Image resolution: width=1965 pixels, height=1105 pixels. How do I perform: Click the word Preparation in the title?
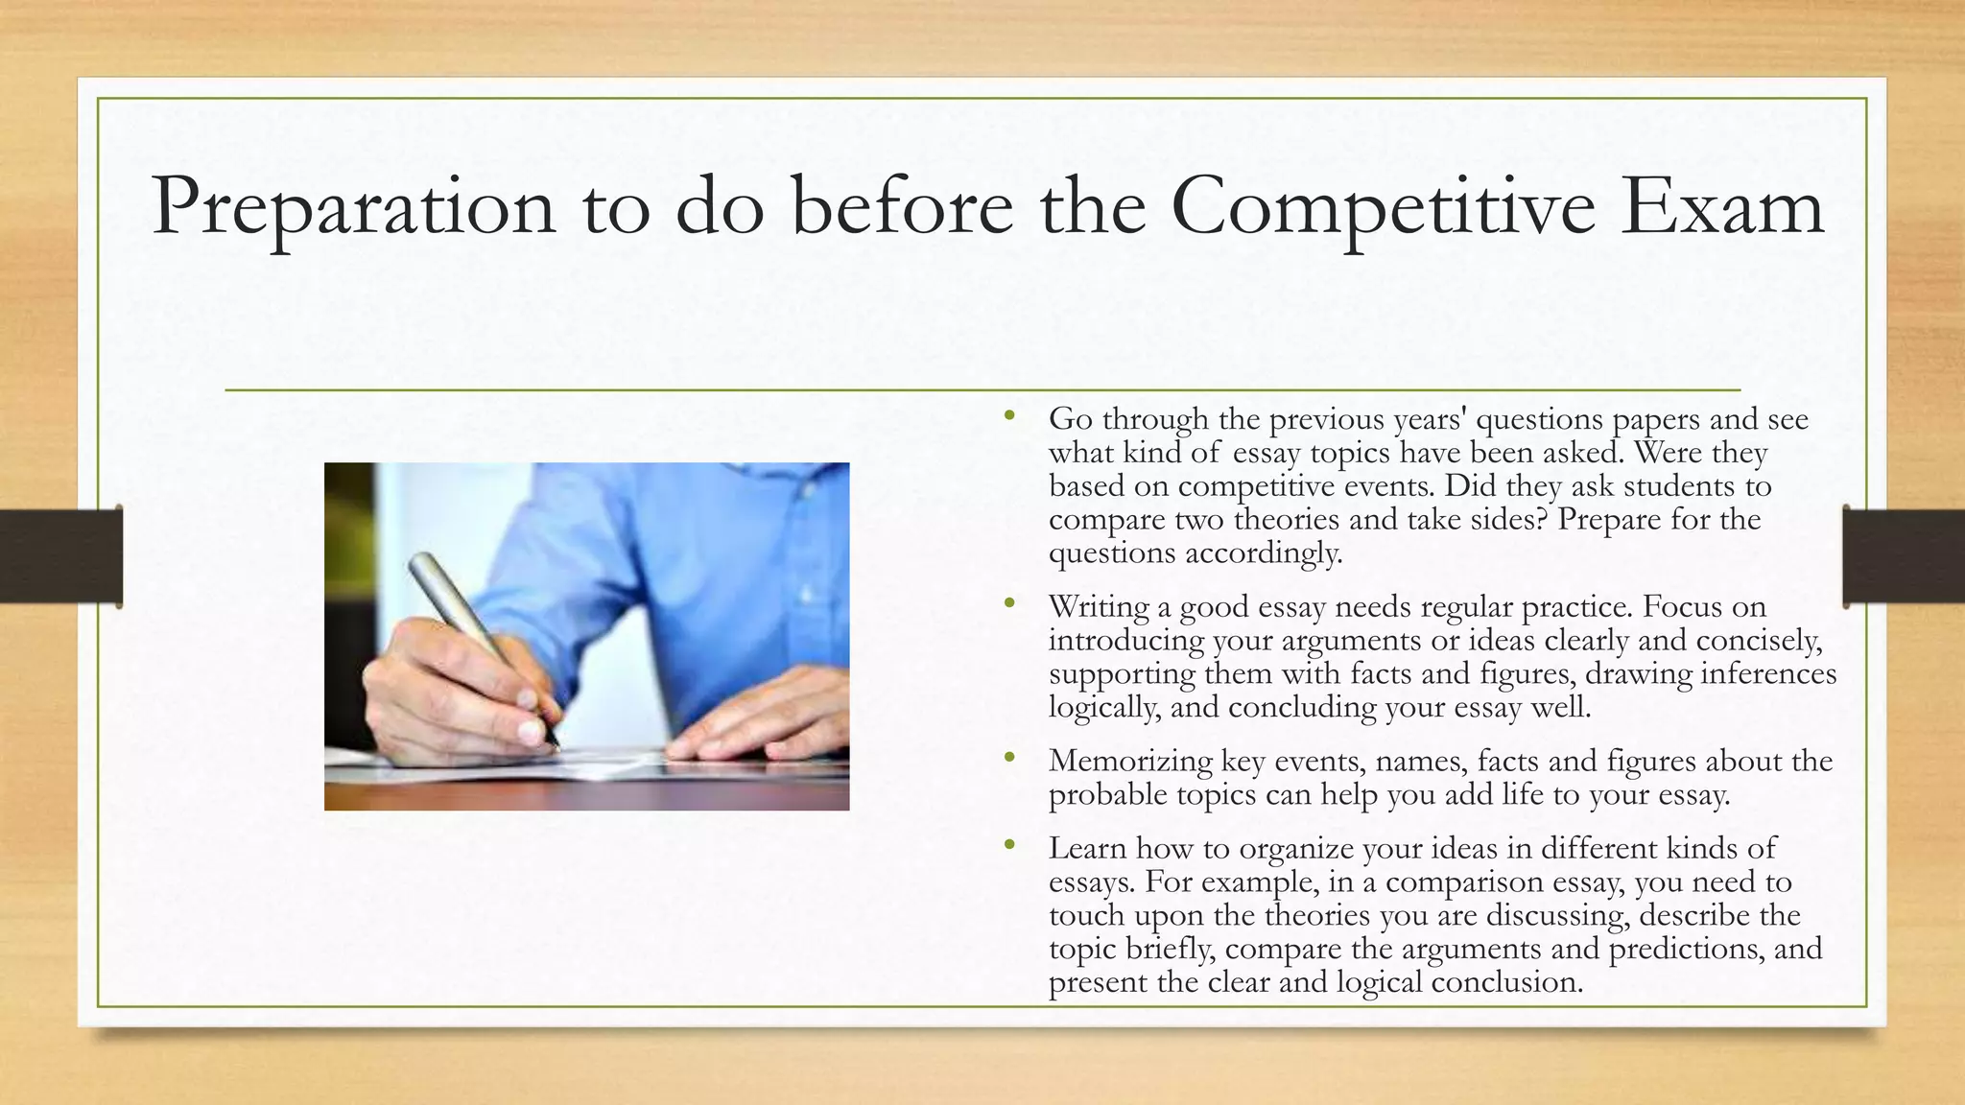(x=353, y=207)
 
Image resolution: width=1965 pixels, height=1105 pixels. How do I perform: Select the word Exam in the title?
(x=1721, y=207)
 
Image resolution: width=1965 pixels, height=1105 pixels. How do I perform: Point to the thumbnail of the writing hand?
(x=586, y=636)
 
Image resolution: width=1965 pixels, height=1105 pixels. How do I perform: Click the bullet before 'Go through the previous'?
(x=1008, y=416)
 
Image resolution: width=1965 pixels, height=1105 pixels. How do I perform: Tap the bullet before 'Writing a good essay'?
(x=1008, y=604)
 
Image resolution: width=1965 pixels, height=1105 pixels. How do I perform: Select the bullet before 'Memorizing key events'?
(x=1008, y=758)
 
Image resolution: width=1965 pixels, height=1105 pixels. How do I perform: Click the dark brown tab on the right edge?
(x=1904, y=555)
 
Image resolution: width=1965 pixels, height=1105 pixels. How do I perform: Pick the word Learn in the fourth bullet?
(x=1088, y=849)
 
